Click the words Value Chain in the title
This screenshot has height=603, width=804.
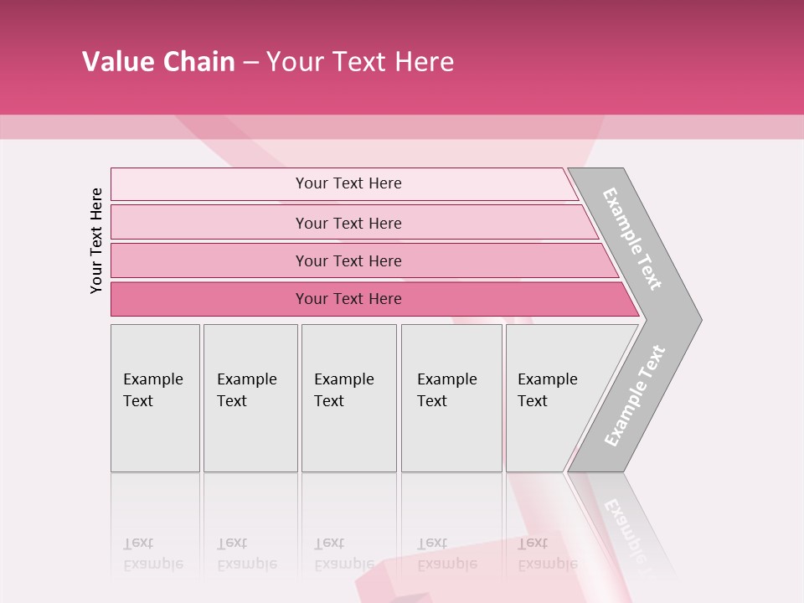tap(158, 62)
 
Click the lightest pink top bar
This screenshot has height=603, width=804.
tap(209, 184)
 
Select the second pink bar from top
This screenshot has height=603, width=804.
tap(209, 223)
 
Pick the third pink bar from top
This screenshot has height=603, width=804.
tap(209, 260)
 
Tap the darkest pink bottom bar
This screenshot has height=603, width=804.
tap(209, 299)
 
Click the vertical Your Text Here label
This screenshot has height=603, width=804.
tap(96, 240)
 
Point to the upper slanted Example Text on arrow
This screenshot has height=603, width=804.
tap(632, 239)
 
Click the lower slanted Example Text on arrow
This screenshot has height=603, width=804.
tap(635, 395)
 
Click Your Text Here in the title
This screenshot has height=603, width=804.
tap(360, 62)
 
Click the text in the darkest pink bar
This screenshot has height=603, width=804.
tap(348, 299)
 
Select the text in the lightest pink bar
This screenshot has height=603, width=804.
tap(348, 183)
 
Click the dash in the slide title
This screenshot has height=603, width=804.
tap(250, 63)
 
